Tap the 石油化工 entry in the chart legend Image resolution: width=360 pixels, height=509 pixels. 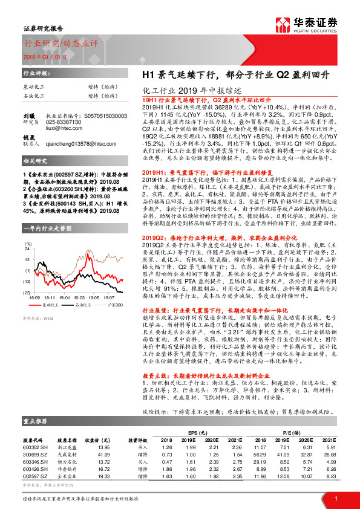(84, 306)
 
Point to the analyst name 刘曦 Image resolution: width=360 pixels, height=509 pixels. (28, 113)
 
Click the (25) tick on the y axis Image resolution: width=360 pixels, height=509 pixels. (27, 293)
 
